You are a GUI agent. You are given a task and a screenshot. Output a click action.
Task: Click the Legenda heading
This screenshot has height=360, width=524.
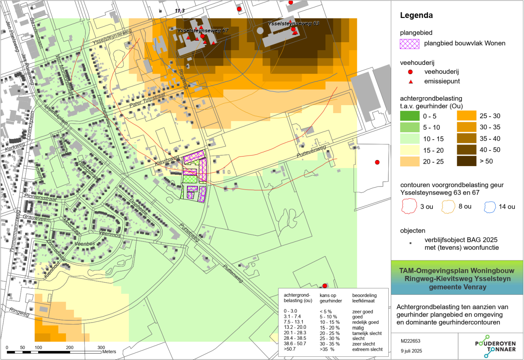point(416,16)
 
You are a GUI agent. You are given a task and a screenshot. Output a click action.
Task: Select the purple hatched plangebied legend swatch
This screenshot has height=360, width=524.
point(409,43)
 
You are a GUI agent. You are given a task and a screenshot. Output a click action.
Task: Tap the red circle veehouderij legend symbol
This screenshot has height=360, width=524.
point(410,72)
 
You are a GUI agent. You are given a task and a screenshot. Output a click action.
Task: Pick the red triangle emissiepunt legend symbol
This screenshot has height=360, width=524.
point(410,81)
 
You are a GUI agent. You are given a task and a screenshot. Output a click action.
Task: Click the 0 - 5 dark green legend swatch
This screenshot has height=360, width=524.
point(409,116)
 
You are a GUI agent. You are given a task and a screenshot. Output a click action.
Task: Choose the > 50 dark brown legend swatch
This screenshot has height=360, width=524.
point(466,161)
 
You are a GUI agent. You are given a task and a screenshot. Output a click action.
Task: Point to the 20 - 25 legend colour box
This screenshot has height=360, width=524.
point(409,161)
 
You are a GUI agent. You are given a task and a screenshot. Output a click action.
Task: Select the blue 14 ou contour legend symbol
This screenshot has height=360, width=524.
point(490,207)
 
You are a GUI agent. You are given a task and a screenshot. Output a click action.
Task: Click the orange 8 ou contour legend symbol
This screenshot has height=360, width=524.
point(448,207)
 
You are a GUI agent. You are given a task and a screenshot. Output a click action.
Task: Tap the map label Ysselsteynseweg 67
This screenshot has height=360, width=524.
point(203,30)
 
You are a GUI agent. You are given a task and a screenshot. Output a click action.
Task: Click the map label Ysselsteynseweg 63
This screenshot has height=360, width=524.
point(293,23)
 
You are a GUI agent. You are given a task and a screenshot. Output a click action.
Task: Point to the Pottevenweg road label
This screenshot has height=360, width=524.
point(311,151)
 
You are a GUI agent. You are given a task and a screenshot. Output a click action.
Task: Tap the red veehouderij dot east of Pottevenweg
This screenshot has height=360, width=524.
point(377,162)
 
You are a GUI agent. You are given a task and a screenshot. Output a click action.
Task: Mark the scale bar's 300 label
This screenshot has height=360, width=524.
point(101,347)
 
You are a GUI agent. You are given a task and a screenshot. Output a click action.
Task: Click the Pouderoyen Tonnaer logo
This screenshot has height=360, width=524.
point(495,346)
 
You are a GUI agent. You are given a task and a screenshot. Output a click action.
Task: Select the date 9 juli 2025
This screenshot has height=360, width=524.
point(411,351)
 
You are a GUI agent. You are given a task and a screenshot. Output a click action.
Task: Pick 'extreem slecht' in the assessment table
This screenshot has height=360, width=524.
point(367,349)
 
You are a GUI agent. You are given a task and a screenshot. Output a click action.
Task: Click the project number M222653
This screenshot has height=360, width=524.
point(410,341)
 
